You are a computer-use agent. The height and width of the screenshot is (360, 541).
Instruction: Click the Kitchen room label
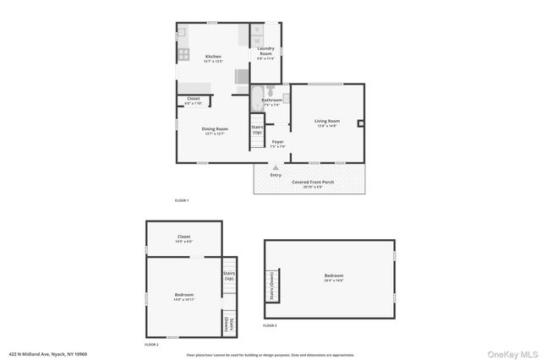212,57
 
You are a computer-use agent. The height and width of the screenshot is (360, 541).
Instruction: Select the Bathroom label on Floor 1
270,101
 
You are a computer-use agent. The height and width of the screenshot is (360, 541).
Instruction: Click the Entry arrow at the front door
276,168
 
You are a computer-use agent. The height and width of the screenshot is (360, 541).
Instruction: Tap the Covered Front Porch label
313,183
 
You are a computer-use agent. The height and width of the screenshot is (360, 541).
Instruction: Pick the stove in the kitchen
182,54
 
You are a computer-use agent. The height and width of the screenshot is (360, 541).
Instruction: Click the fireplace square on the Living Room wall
360,123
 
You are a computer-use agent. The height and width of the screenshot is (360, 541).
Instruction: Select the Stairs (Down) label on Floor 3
271,285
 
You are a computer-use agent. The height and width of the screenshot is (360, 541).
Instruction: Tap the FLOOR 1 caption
181,200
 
